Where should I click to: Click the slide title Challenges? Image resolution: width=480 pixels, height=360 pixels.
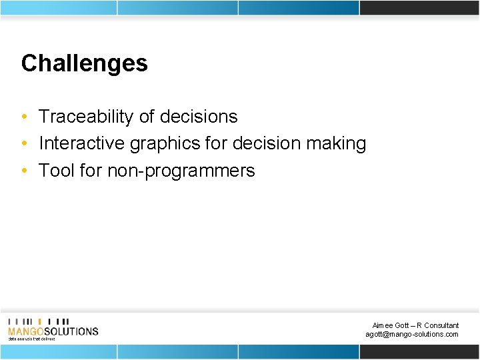point(84,63)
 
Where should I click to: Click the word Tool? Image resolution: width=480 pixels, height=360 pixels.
point(56,171)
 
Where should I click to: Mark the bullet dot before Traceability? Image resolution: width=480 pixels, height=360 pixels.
point(24,117)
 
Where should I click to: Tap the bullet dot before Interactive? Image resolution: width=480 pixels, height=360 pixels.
point(24,144)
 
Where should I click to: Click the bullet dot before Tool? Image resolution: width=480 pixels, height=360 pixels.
point(24,171)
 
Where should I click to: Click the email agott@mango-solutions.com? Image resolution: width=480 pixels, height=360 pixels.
point(411,334)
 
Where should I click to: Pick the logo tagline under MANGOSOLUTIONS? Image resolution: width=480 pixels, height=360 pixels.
point(31,339)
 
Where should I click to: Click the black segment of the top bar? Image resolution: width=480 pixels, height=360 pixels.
point(419,7)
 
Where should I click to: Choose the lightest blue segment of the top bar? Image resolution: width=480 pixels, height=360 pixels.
point(58,7)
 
